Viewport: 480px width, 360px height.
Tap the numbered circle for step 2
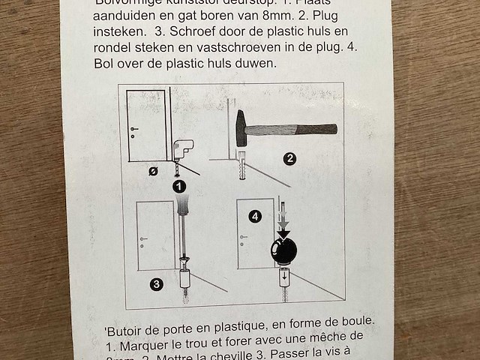[x=289, y=158]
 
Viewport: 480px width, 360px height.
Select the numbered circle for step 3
[x=156, y=283]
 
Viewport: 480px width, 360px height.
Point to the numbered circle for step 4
[x=256, y=217]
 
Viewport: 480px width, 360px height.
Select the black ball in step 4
[x=283, y=250]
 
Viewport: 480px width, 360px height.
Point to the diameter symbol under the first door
[x=153, y=171]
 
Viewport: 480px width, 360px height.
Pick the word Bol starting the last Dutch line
[x=103, y=64]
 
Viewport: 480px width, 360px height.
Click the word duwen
[x=256, y=64]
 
